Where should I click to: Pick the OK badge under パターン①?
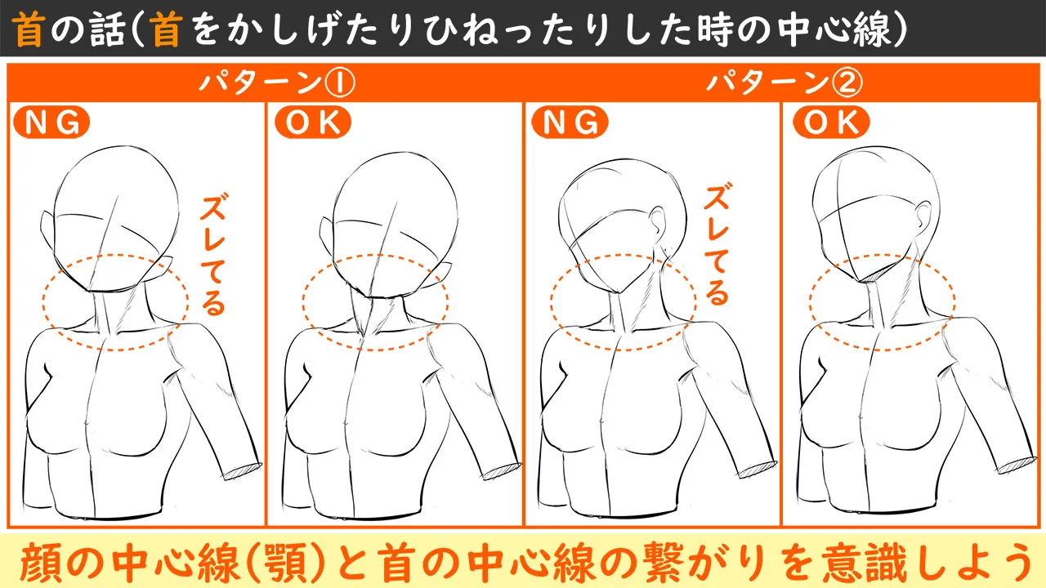pos(312,122)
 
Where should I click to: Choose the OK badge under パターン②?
pos(831,122)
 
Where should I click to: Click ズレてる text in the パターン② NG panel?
pos(717,245)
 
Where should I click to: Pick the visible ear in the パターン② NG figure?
pos(660,220)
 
